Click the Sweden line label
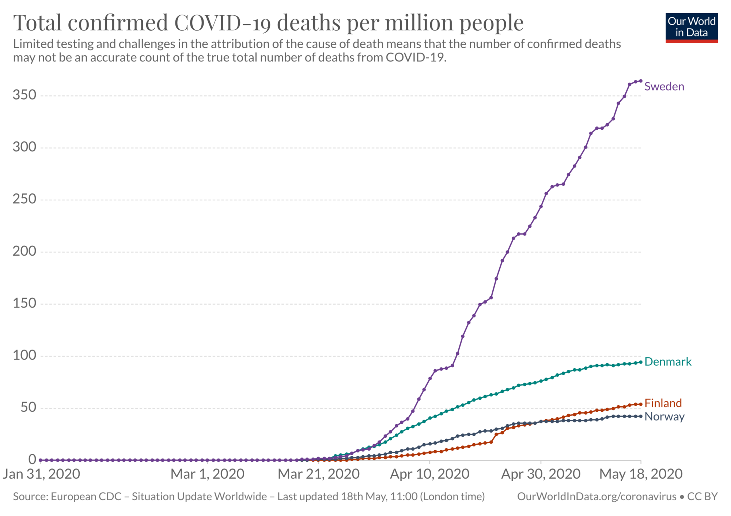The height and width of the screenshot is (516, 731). [664, 87]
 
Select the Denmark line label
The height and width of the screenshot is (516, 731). [668, 362]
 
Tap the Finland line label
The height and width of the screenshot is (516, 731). [663, 403]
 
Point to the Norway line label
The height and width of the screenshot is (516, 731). [664, 417]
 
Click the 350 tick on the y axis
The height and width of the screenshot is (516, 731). [24, 95]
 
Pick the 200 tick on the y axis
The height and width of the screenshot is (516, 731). [24, 251]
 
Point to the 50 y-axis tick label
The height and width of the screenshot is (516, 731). [28, 407]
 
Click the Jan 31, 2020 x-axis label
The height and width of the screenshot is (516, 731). [41, 474]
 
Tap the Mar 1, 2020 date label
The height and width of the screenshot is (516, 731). [207, 474]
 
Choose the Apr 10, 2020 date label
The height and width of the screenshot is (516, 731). [429, 474]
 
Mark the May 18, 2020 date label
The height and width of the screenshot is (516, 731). [641, 474]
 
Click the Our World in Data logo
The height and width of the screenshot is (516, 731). [692, 28]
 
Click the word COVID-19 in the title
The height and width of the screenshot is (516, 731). [223, 23]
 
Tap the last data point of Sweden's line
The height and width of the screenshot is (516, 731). [641, 81]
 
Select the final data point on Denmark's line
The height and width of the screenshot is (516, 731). [641, 362]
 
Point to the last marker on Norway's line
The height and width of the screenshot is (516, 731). [641, 416]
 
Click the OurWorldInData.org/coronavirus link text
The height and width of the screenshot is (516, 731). [596, 497]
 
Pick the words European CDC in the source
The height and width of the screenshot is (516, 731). [86, 497]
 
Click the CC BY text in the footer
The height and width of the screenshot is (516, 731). [702, 497]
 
